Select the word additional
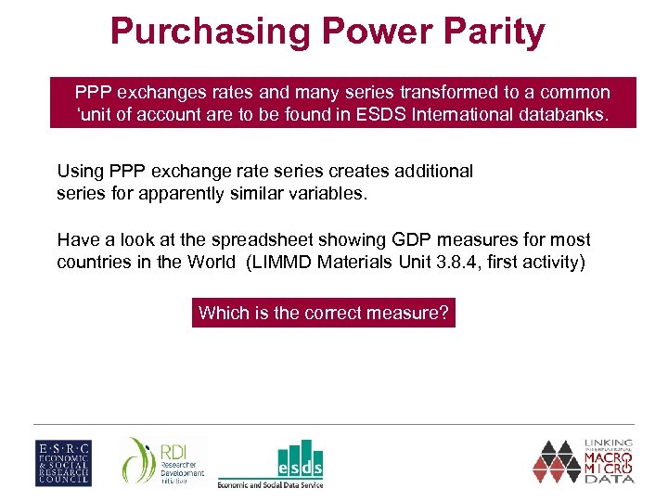tap(431, 171)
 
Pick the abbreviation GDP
tap(392, 239)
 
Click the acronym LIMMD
tap(281, 262)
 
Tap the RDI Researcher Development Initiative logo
tap(163, 461)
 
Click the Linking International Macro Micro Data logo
tap(584, 461)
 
